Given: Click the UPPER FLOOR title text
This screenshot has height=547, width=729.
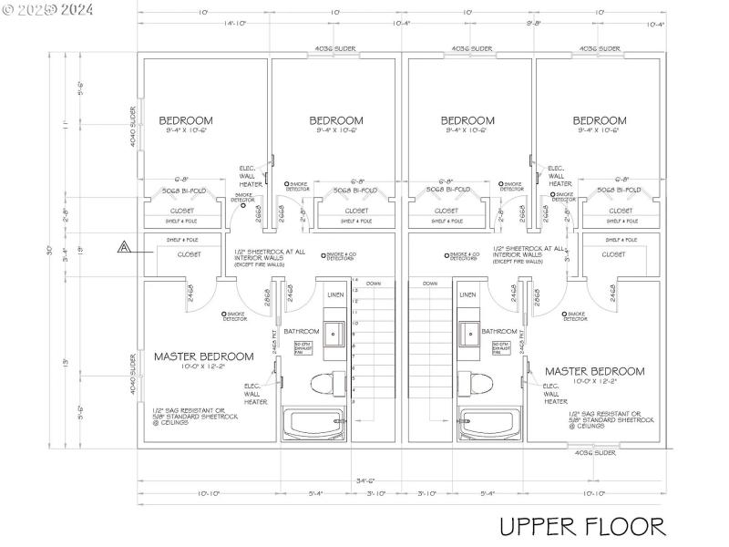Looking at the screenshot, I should coord(581,526).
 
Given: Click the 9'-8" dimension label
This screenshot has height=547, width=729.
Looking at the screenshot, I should coord(533,24).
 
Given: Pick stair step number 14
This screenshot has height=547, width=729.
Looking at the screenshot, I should coord(355,281).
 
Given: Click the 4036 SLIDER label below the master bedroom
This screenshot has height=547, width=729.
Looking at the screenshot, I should coord(593,452).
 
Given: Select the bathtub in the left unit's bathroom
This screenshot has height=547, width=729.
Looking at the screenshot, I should coord(313,422).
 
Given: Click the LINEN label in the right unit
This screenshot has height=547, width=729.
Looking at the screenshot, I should coord(467,294).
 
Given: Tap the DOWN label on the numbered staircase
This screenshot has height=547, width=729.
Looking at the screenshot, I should coord(374,284).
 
